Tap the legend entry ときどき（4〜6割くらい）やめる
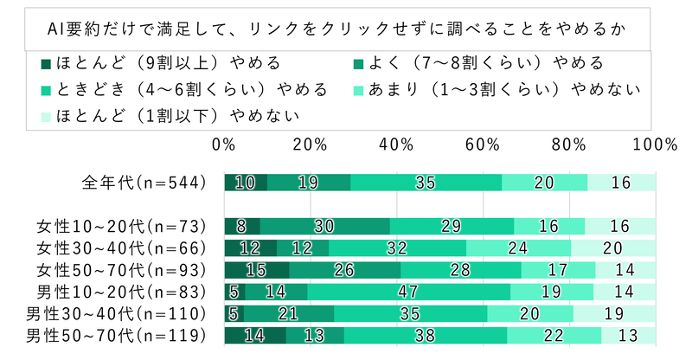[x=182, y=90]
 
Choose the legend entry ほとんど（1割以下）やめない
[x=159, y=116]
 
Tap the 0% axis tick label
[x=225, y=145]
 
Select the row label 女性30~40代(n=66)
[x=121, y=248]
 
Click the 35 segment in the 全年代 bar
[x=426, y=182]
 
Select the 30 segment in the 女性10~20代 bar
[x=324, y=227]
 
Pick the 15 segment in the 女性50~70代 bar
[x=257, y=270]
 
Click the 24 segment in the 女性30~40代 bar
[x=518, y=248]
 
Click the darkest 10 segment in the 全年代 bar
[x=246, y=182]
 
